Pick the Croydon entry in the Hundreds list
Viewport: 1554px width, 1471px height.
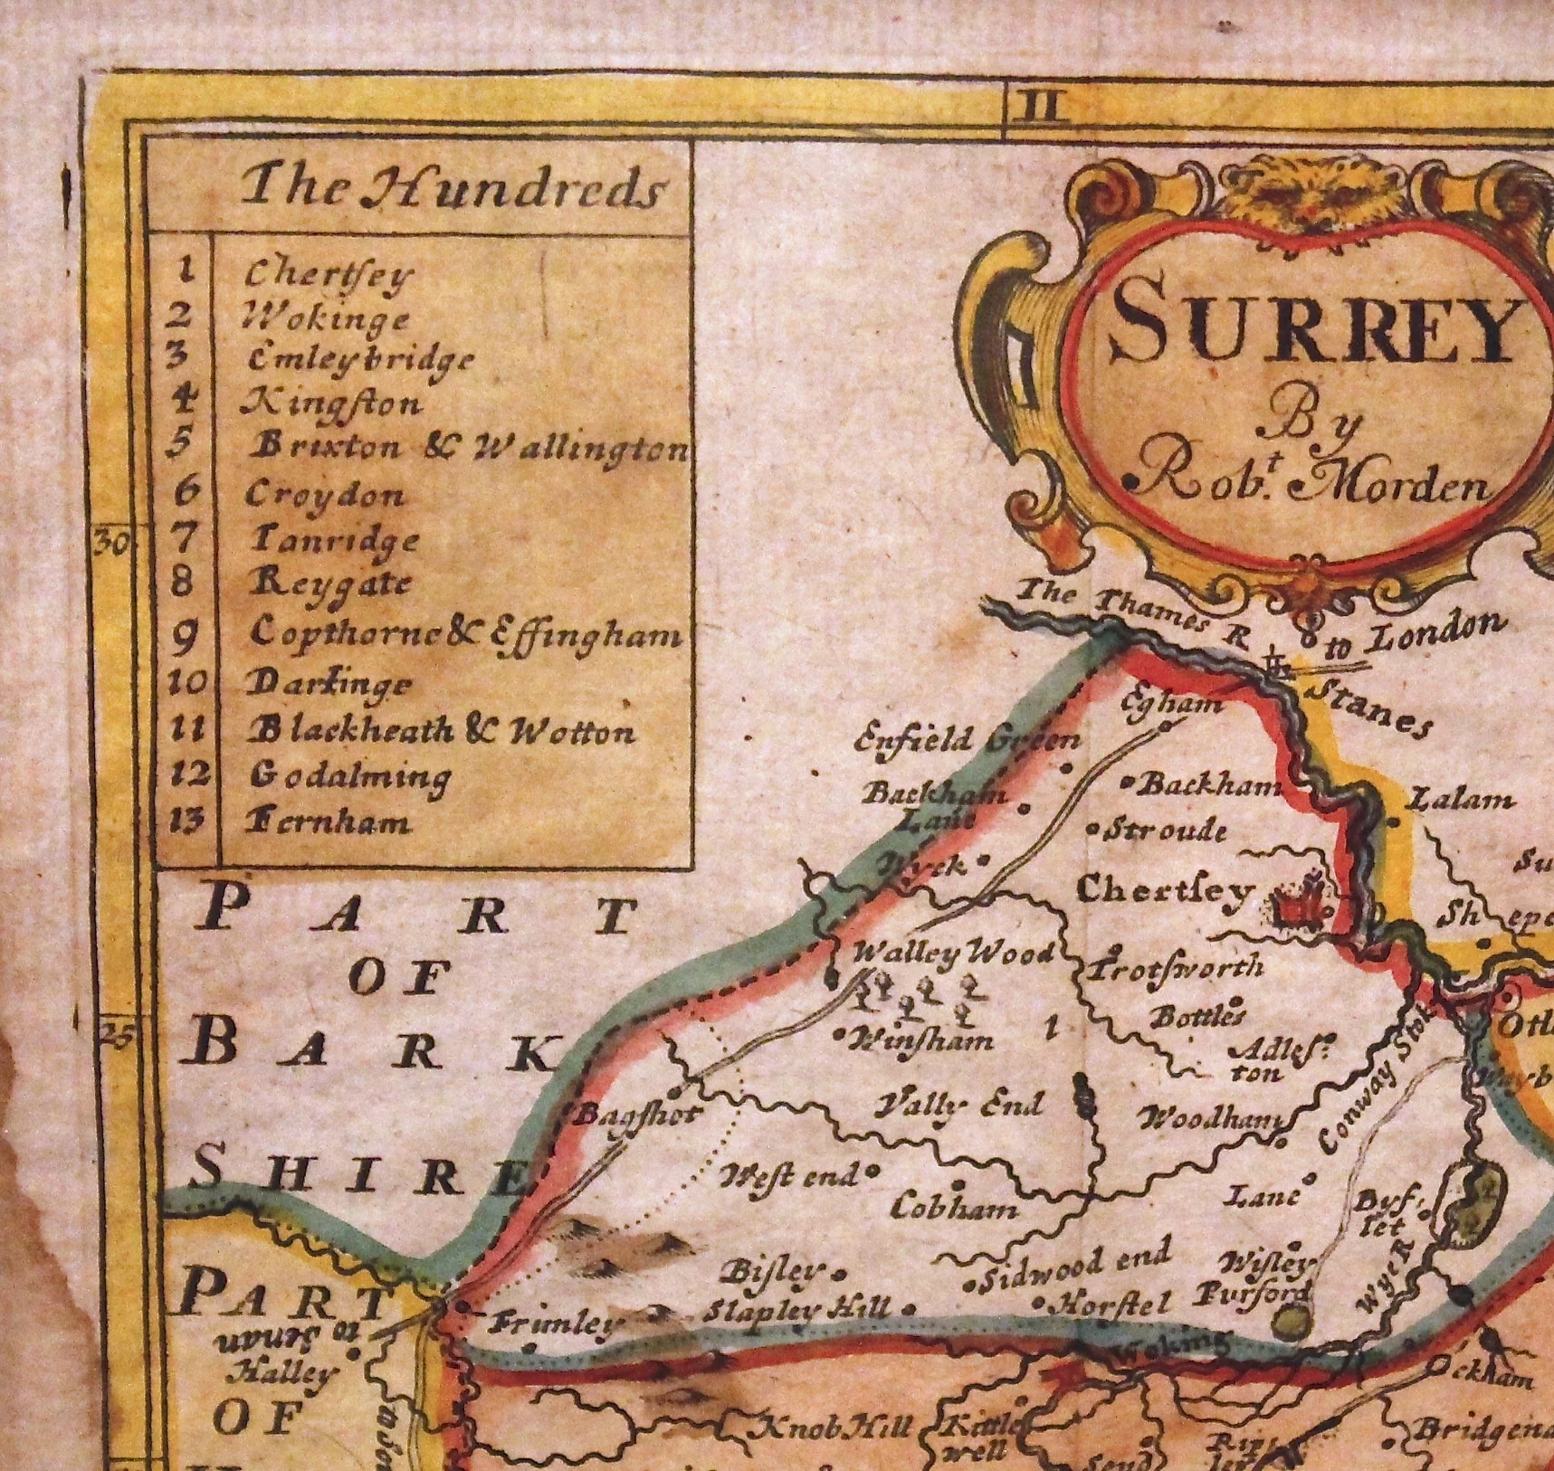pyautogui.click(x=326, y=495)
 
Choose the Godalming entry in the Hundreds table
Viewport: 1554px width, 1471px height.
pyautogui.click(x=348, y=776)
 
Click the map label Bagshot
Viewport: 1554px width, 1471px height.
pyautogui.click(x=637, y=1114)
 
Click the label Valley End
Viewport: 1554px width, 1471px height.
pyautogui.click(x=961, y=1106)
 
